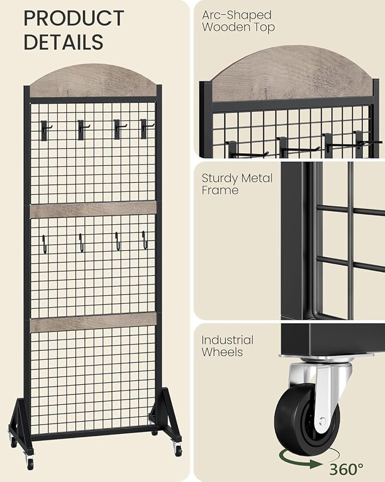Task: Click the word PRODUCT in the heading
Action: click(x=74, y=18)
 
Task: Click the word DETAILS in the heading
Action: click(x=64, y=42)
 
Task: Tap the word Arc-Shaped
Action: click(x=236, y=15)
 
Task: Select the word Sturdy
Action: click(x=219, y=178)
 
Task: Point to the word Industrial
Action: click(x=227, y=340)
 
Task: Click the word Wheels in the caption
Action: click(x=222, y=352)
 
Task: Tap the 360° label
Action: click(x=346, y=469)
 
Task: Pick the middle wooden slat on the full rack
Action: click(x=93, y=209)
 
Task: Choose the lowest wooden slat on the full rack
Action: click(x=93, y=322)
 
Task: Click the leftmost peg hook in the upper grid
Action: click(x=45, y=130)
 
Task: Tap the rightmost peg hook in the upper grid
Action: click(x=145, y=128)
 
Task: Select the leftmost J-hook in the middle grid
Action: click(x=45, y=244)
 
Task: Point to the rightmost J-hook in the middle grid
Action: click(x=145, y=240)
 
